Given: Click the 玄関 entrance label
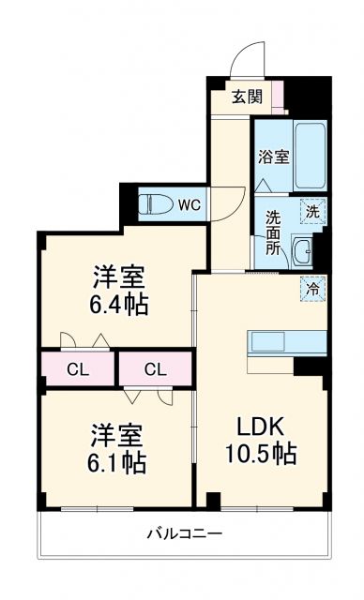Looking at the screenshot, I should coord(248,95).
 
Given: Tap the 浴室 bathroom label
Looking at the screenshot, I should coord(273,157).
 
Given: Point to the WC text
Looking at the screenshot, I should coord(189,203).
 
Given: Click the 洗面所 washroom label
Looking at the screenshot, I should coord(273,234).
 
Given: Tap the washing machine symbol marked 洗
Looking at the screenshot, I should coord(312,212).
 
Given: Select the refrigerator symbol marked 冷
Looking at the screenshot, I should coord(312,289).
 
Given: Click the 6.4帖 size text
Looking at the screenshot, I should coord(120,305).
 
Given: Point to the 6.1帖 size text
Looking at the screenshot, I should coord(120,462).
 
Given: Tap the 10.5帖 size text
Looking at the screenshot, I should coord(261,454).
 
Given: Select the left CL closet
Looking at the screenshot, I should coord(78,368).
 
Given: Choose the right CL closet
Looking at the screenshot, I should coord(156,368).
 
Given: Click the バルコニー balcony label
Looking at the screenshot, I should coord(183,534).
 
